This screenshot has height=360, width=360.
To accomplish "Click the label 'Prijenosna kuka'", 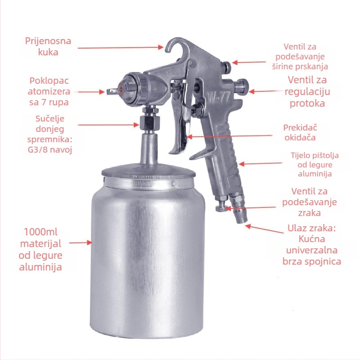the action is tap(48, 46).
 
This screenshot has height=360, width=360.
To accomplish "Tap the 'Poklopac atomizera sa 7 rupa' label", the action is tap(49, 91).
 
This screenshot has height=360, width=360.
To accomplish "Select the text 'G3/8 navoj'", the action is tap(50, 150).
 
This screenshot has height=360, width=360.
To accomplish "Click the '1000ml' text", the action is tap(40, 232).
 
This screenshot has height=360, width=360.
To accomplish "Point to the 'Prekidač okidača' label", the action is tap(300, 132).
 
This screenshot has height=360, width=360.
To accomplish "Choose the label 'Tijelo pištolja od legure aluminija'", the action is tap(315, 164).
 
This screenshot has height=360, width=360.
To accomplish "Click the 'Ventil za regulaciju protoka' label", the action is tap(307, 91).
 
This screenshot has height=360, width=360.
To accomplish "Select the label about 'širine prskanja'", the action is tap(300, 57).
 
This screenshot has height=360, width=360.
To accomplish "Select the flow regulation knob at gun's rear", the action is tap(242, 85).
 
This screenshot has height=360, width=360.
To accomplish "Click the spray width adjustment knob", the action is tap(227, 67).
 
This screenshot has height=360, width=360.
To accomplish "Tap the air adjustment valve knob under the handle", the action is tap(221, 206).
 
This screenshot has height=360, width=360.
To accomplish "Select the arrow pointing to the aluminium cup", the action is tap(81, 243).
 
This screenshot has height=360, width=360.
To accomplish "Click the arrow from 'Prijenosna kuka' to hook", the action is tap(121, 48).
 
